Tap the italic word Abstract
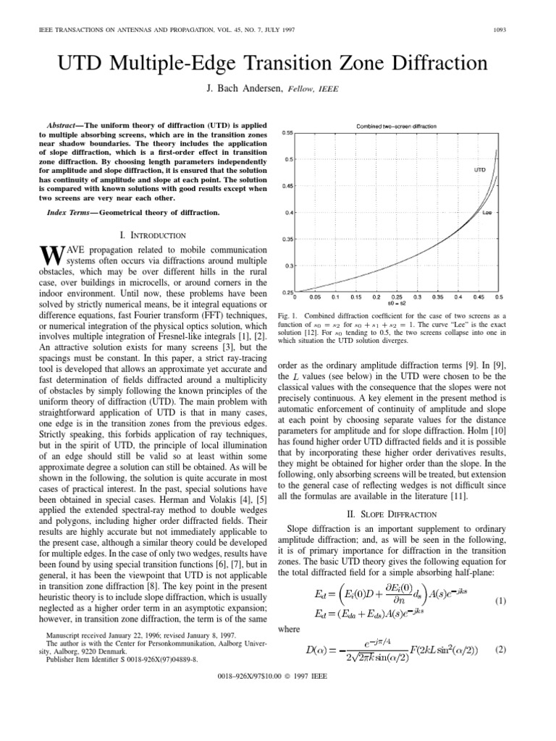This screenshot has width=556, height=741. tap(64, 124)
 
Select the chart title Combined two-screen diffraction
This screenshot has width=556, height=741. tap(395, 126)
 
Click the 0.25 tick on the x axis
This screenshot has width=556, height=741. tap(397, 297)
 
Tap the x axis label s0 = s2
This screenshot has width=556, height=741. tap(397, 303)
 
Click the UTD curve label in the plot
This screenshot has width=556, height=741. tap(479, 170)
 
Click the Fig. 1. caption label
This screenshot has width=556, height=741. tap(288, 316)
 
